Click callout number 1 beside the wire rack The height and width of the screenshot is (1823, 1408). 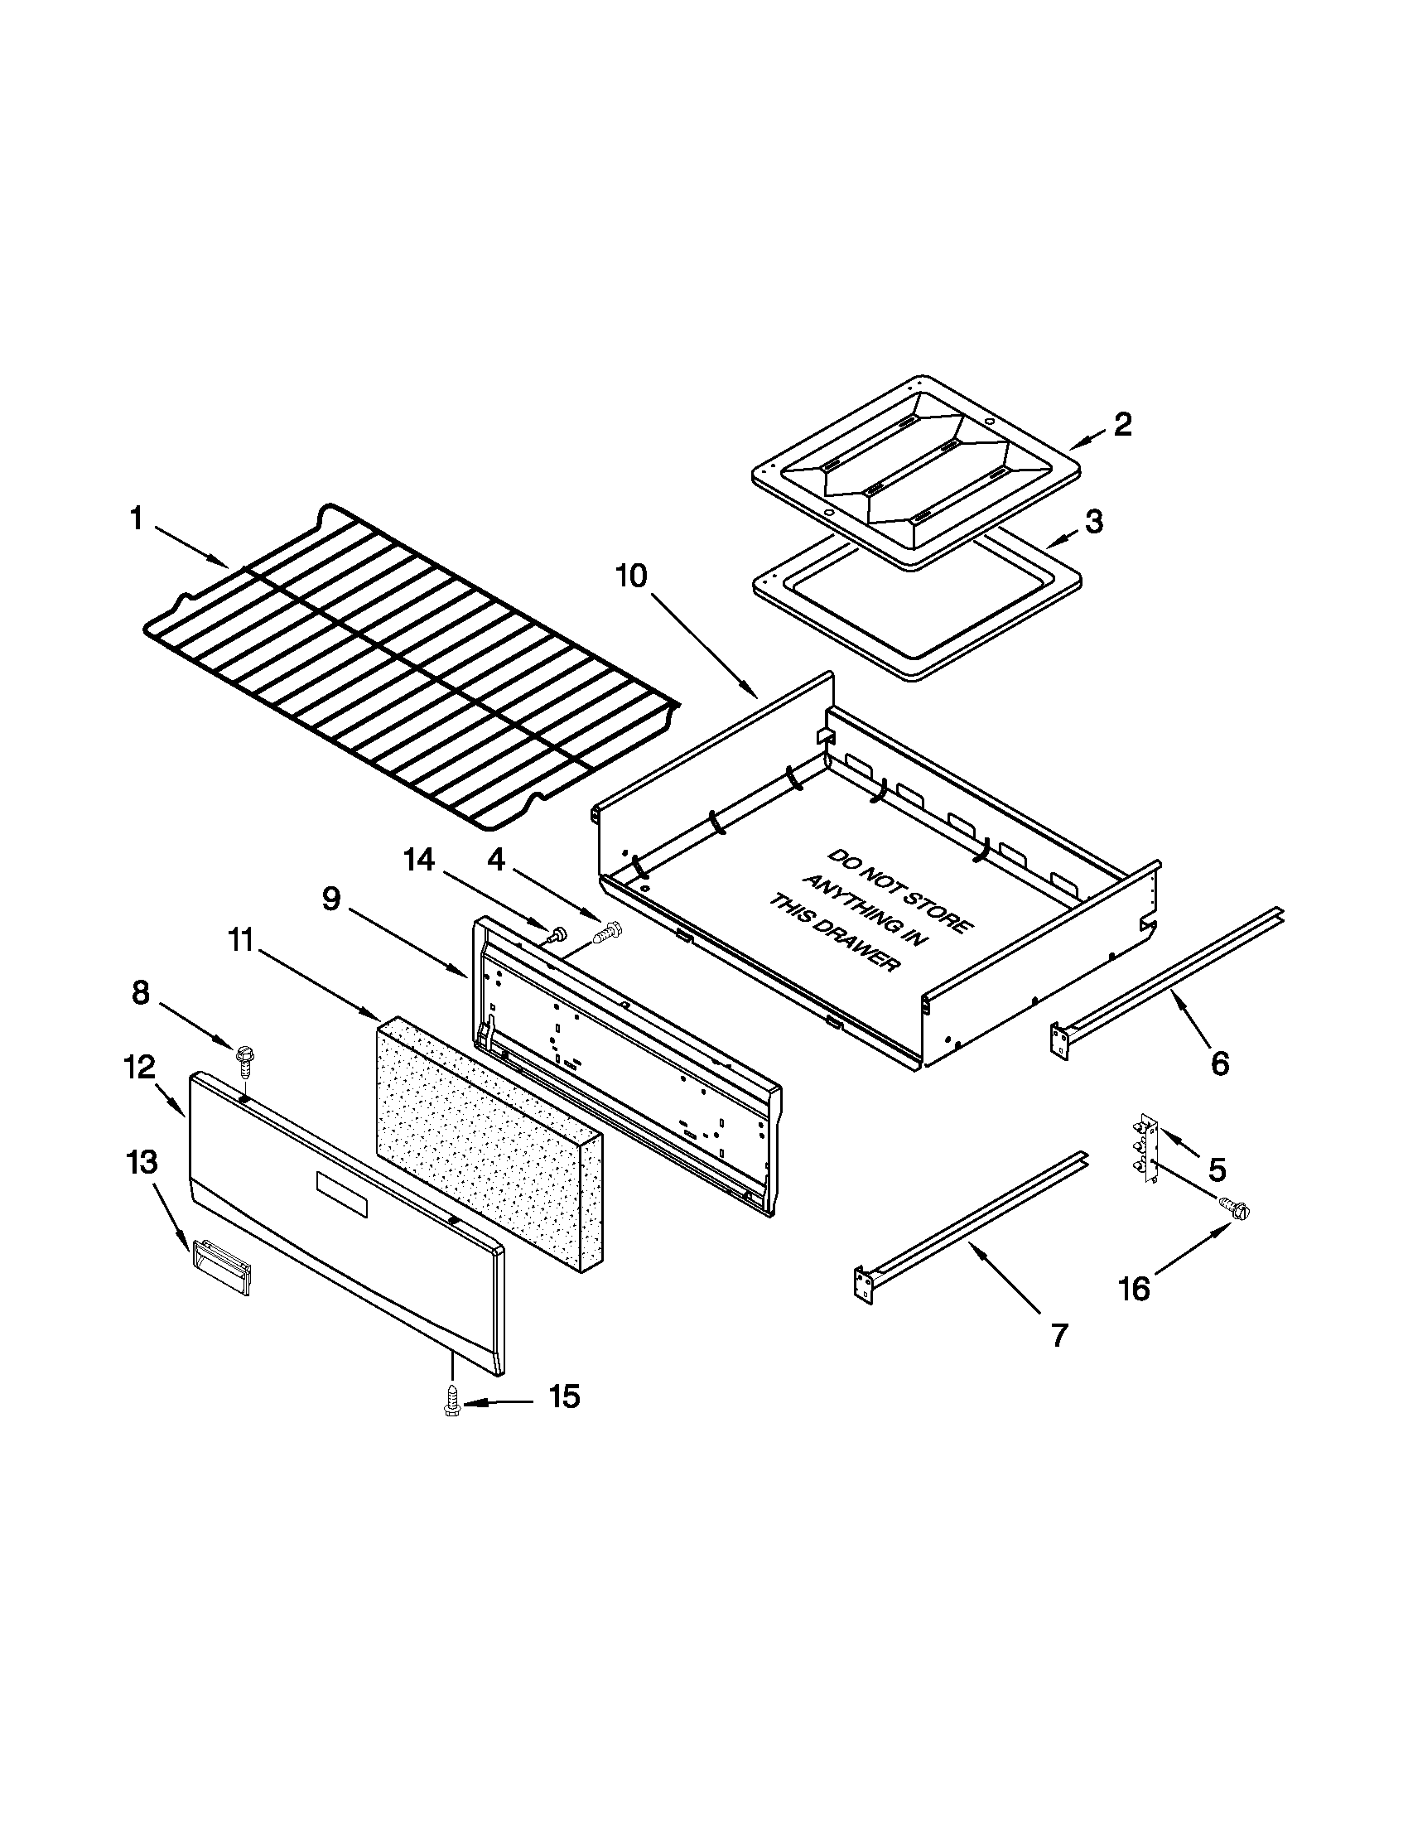[137, 519]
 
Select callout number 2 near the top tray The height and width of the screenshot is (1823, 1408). [1122, 425]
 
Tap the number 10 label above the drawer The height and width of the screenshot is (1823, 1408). [632, 576]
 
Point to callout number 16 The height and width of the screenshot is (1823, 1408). [1134, 1289]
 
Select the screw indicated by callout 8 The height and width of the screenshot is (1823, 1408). [244, 1059]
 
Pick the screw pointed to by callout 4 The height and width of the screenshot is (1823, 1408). [607, 932]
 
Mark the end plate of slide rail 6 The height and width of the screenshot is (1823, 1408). [1058, 1044]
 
